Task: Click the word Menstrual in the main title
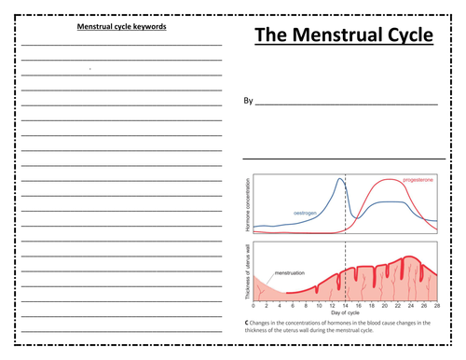pos(341,36)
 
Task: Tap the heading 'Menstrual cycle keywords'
pos(122,27)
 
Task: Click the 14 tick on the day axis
pos(345,305)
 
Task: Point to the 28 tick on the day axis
pos(436,305)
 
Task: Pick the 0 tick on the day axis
pos(254,305)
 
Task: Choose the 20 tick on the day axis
pos(384,305)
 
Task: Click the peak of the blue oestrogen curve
pos(340,181)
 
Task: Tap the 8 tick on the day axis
pos(306,305)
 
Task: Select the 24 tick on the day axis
pos(410,305)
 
